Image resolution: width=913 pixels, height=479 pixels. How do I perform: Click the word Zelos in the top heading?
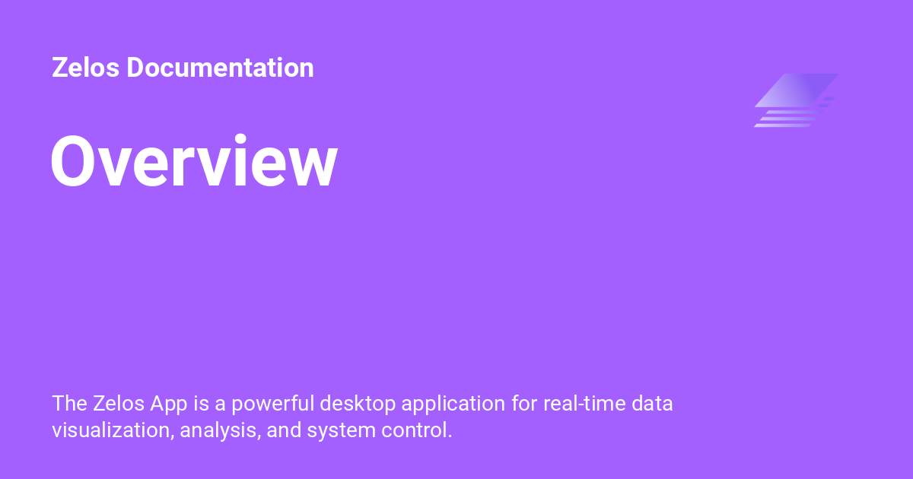86,68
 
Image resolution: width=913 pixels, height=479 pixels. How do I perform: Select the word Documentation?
220,68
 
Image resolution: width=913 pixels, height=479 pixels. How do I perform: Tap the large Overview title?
194,162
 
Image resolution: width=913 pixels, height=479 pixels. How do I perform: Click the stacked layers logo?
796,100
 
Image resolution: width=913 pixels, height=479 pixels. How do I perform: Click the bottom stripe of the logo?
783,125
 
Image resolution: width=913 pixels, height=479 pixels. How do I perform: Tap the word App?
168,404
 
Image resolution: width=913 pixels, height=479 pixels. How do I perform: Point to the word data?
654,403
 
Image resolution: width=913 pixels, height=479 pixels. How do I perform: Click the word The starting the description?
69,403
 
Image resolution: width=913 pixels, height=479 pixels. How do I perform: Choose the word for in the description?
524,403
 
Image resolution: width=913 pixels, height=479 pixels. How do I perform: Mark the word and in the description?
285,430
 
